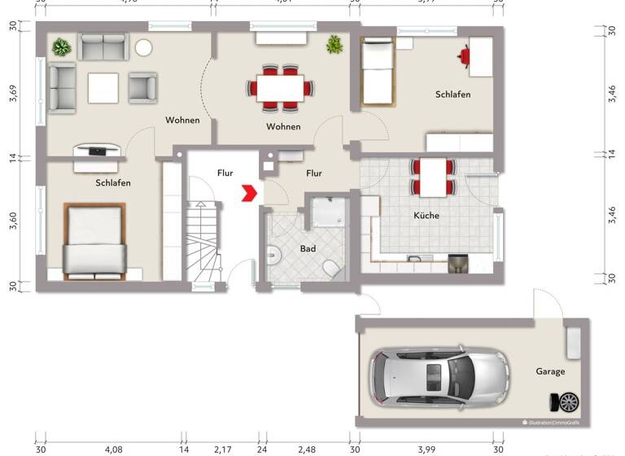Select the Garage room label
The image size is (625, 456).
[x=550, y=371]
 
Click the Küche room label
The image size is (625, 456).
[x=426, y=216]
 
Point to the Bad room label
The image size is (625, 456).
[x=308, y=248]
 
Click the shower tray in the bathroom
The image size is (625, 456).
[x=328, y=213]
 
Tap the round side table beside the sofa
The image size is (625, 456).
[x=145, y=47]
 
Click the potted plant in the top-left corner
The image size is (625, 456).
[x=61, y=47]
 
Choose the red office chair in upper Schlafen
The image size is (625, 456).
[x=465, y=56]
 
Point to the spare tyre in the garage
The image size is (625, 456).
[x=566, y=401]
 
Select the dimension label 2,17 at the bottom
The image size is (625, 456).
[x=221, y=449]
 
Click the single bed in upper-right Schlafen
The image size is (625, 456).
[x=378, y=73]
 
